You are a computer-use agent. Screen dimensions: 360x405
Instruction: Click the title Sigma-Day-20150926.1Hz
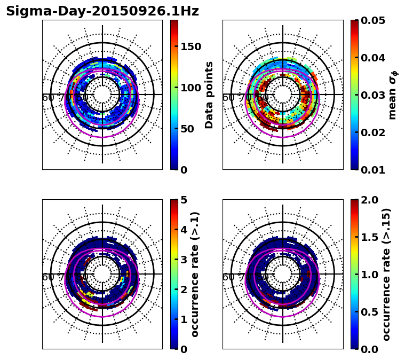coord(102,11)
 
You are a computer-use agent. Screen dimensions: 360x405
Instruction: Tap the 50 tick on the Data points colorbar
coord(186,129)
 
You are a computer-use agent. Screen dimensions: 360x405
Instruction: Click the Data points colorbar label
coord(209,95)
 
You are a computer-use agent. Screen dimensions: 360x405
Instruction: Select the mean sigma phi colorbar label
coord(393,95)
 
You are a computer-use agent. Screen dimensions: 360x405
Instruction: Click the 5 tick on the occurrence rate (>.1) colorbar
coord(184,200)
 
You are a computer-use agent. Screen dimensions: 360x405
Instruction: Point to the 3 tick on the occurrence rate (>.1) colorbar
coord(184,260)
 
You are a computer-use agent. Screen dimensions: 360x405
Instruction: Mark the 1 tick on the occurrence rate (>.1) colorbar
coord(184,319)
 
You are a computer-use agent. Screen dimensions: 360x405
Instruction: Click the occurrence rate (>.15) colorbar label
coord(386,274)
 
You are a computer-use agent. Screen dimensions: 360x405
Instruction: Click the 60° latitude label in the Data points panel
coord(48,98)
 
